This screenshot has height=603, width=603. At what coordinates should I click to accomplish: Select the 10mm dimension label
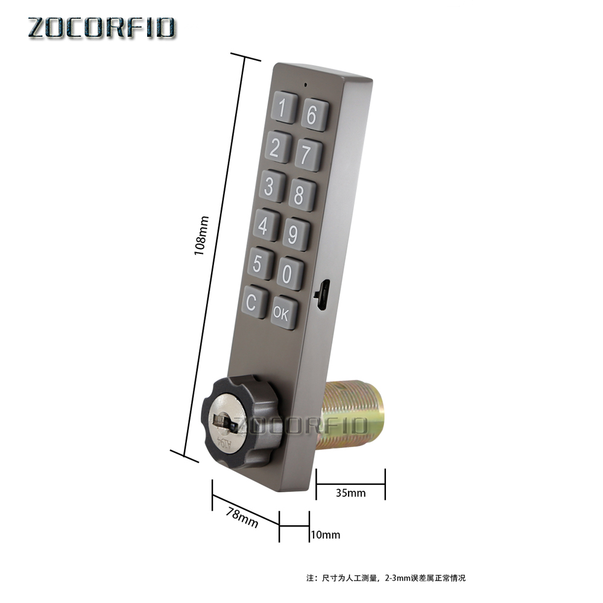[x=325, y=535]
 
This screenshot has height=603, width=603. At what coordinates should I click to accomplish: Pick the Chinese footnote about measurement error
[x=386, y=578]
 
